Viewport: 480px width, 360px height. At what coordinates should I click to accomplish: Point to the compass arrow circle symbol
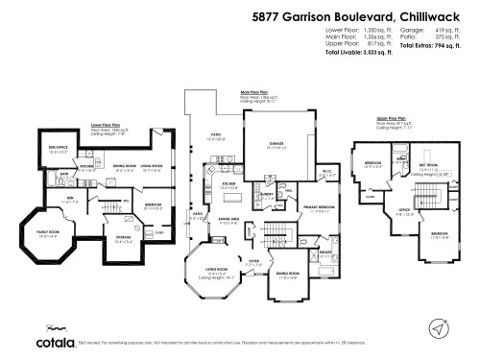click(440, 329)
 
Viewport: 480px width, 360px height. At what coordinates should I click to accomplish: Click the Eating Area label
click(229, 219)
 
